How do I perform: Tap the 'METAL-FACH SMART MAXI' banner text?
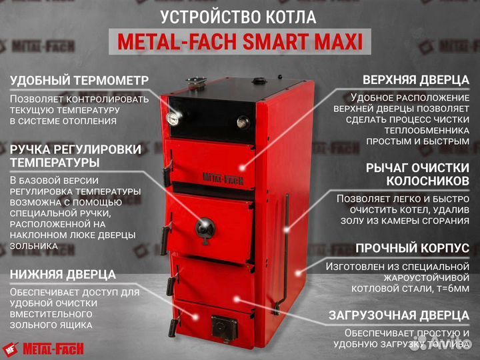[240, 42]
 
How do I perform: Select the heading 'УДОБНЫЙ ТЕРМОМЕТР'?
[79, 81]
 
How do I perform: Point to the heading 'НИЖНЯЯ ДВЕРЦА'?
[63, 274]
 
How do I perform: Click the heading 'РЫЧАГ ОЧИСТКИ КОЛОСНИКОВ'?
[417, 173]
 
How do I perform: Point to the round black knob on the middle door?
[203, 226]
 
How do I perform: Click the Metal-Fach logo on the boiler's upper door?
[223, 179]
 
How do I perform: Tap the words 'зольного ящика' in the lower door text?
[58, 325]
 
